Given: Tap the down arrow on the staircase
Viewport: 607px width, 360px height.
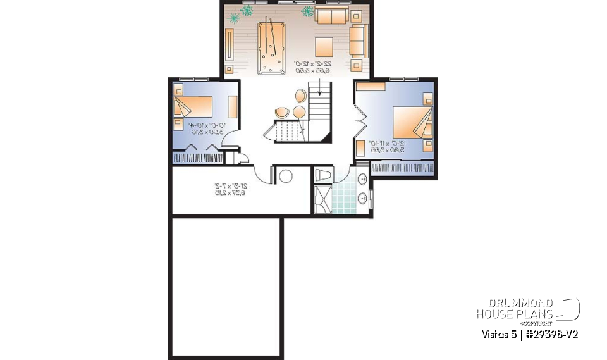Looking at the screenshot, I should click(319, 93).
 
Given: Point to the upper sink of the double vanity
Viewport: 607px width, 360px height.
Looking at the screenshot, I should click(363, 179).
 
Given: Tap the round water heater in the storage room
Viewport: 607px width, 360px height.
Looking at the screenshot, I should click(286, 176).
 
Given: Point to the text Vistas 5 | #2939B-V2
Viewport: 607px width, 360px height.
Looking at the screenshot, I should click(530, 334).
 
